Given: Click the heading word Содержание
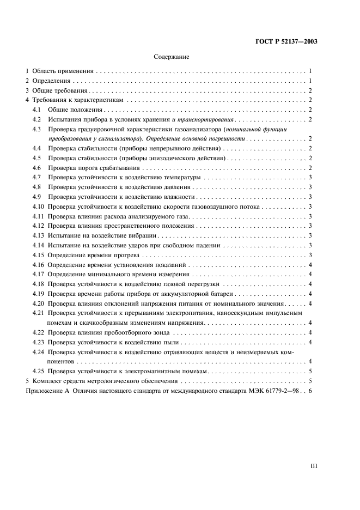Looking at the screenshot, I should [171, 56].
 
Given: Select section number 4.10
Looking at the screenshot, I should [38, 207].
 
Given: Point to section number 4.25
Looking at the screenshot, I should [38, 371].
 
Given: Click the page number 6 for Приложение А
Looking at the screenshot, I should [310, 391].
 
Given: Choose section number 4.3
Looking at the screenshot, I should [36, 129].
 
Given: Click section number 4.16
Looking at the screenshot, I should [38, 265].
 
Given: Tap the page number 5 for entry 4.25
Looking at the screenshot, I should [310, 371].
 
